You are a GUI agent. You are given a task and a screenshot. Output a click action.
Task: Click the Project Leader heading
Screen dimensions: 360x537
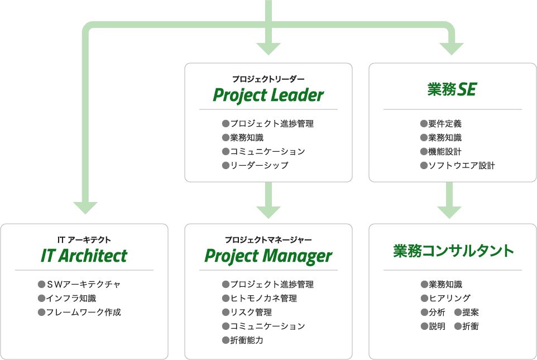(x=268, y=95)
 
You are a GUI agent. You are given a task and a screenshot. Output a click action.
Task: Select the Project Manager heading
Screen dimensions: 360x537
(x=268, y=256)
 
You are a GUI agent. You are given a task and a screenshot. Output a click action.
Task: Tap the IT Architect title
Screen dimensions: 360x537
(x=84, y=256)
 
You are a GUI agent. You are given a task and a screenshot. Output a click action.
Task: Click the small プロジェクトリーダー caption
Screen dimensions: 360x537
(x=268, y=79)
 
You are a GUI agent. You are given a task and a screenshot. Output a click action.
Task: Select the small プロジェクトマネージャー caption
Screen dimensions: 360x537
(x=268, y=239)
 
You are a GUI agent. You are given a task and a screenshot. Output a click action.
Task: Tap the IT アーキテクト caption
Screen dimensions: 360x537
(x=84, y=239)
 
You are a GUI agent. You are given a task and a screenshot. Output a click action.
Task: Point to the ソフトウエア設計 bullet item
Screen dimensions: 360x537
(x=461, y=165)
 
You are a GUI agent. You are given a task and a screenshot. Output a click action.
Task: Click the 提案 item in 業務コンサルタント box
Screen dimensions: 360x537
(x=470, y=312)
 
